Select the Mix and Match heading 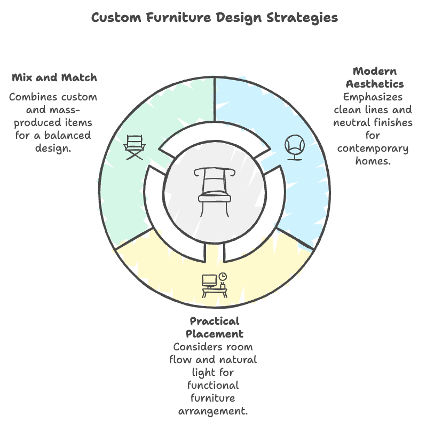tap(54, 77)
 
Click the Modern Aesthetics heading tap(374, 77)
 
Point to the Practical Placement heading tap(214, 327)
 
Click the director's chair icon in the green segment tap(135, 147)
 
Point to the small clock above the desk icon tap(222, 276)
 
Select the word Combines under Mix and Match tap(34, 97)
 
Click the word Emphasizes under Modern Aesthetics tap(373, 97)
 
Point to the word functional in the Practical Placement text tap(214, 385)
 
